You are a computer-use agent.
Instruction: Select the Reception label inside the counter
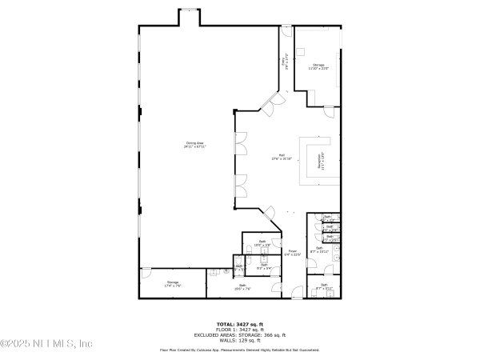pos(322,161)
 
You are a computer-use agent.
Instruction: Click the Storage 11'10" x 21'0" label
pos(318,66)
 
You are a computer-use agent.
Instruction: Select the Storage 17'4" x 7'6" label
pos(173,283)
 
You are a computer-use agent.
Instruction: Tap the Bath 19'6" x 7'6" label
pos(242,287)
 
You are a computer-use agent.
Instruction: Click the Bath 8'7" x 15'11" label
pos(318,250)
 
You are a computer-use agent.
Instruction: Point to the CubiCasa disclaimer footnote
pos(239,350)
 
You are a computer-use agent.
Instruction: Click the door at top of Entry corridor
pos(286,30)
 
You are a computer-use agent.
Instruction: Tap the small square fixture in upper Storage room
pos(299,49)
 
